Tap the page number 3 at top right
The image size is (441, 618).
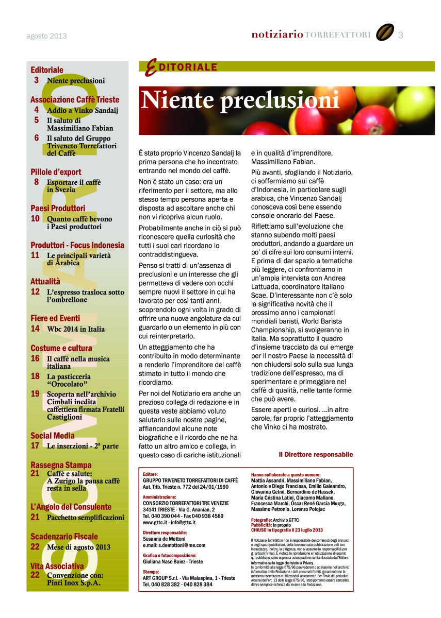(x=401, y=35)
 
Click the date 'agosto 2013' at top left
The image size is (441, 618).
(x=46, y=36)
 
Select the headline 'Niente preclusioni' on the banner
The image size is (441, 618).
(x=240, y=100)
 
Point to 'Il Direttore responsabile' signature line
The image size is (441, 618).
(x=316, y=454)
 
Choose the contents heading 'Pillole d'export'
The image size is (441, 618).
(x=56, y=172)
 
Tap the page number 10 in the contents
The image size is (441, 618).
(x=35, y=218)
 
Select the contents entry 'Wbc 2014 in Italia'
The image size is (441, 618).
(x=76, y=329)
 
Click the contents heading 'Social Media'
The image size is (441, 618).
(x=53, y=436)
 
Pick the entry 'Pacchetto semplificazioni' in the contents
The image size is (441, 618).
(x=86, y=518)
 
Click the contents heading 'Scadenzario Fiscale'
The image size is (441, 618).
(x=63, y=536)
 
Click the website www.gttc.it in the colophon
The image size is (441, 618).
(x=154, y=522)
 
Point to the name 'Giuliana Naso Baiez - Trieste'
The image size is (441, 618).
(x=173, y=562)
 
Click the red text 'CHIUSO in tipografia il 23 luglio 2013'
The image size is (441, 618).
(x=287, y=530)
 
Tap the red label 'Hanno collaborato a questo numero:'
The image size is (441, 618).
(x=285, y=474)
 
